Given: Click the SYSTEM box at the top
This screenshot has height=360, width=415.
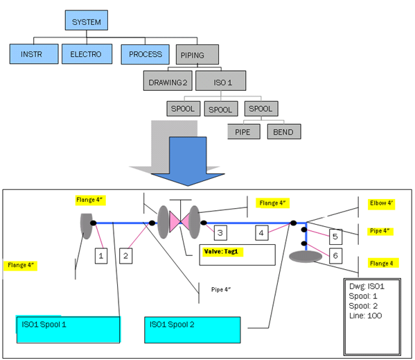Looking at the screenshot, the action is pyautogui.click(x=87, y=20).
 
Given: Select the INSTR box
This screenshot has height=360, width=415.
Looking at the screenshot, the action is pyautogui.click(x=34, y=54).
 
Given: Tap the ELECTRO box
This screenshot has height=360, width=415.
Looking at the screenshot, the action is pyautogui.click(x=87, y=54).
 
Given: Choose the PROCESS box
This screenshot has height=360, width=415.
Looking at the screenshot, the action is pyautogui.click(x=145, y=54).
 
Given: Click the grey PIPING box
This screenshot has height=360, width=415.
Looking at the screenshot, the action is pyautogui.click(x=197, y=55).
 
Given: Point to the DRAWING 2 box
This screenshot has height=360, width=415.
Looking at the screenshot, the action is pyautogui.click(x=168, y=80).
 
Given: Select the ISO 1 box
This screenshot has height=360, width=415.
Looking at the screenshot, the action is pyautogui.click(x=221, y=80).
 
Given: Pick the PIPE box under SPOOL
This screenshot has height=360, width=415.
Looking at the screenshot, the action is pyautogui.click(x=244, y=131).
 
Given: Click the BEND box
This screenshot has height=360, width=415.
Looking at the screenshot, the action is pyautogui.click(x=284, y=131).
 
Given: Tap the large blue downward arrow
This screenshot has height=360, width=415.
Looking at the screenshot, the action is pyautogui.click(x=188, y=162).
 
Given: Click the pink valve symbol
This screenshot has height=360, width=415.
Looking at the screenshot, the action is pyautogui.click(x=180, y=221).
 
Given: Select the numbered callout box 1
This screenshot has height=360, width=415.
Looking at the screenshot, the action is pyautogui.click(x=101, y=256).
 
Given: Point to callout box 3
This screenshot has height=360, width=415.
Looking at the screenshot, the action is pyautogui.click(x=220, y=233).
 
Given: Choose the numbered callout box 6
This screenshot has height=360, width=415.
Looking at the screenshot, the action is pyautogui.click(x=335, y=256).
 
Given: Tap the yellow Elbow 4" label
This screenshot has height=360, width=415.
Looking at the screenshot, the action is pyautogui.click(x=381, y=203).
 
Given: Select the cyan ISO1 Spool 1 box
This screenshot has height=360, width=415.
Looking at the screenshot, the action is pyautogui.click(x=69, y=329).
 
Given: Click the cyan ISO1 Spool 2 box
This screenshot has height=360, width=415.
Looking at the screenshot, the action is pyautogui.click(x=193, y=329).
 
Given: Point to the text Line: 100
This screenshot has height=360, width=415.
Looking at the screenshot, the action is pyautogui.click(x=366, y=316).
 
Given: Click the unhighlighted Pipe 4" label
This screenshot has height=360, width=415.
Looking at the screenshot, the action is pyautogui.click(x=221, y=289).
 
